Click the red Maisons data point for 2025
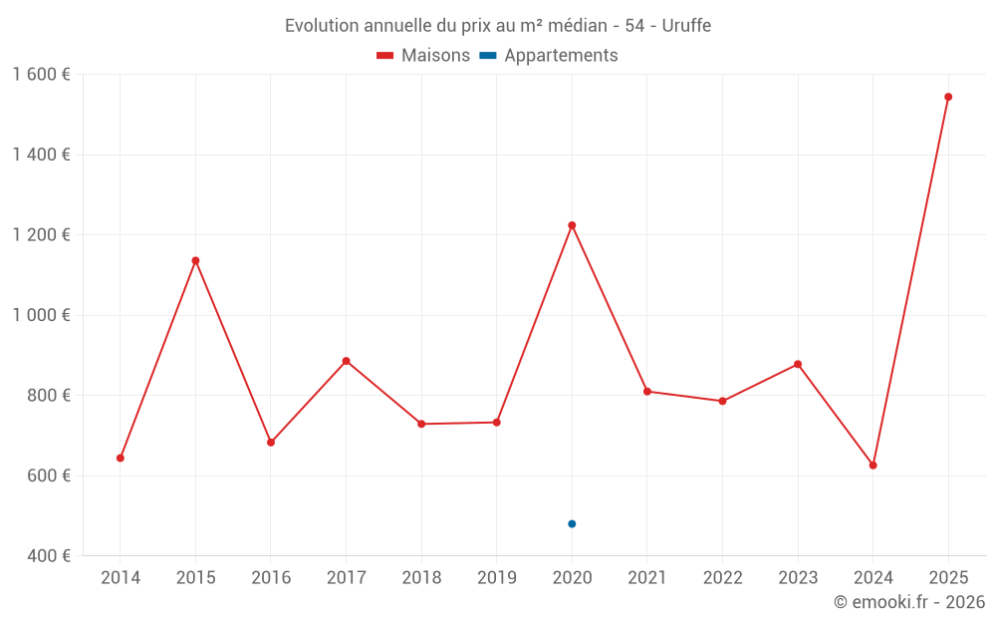coord(948,97)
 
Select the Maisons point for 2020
coord(572,225)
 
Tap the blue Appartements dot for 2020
coord(572,524)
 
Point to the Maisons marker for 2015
coord(195,261)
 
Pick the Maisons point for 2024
coord(873,466)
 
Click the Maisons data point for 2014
coord(121,459)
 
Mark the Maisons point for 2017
coord(346,361)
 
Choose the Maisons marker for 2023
coord(798,365)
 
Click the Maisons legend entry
coord(423,56)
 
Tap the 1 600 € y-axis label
coord(41,75)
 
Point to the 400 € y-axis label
coord(49,556)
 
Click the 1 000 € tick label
coord(41,315)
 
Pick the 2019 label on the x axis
coord(496,578)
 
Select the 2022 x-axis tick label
coord(722,578)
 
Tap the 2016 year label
coord(271,578)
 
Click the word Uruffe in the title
coord(686,26)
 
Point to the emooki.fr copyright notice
coord(908,602)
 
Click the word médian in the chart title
coord(577,26)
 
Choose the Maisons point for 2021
coord(647,392)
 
